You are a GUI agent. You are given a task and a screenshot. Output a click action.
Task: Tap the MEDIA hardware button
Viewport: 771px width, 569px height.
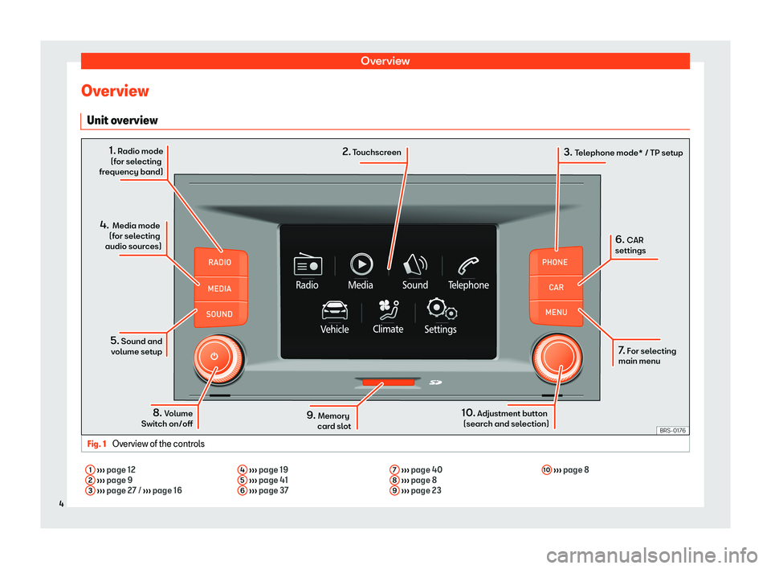tap(220, 289)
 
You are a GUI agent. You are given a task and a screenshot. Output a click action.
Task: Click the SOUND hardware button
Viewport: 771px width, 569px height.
tap(220, 314)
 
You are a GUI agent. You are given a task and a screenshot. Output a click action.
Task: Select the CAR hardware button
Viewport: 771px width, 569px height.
tap(556, 287)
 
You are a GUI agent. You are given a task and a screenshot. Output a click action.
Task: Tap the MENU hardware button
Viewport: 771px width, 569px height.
tap(556, 312)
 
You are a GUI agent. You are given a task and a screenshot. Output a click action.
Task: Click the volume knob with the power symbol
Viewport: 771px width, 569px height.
tap(214, 356)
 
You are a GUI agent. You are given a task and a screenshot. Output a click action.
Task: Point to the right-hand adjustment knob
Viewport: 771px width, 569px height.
tap(556, 356)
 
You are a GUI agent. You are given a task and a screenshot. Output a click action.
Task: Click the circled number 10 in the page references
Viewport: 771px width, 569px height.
tap(545, 469)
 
